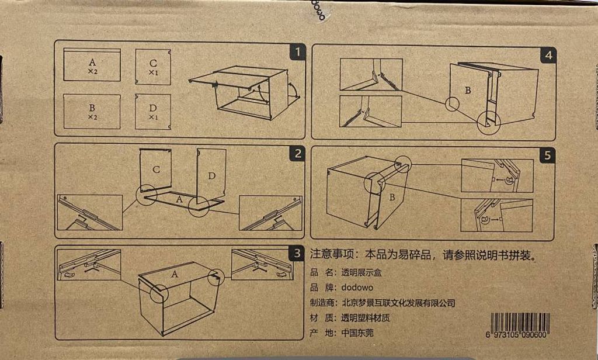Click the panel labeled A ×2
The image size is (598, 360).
(x=92, y=64)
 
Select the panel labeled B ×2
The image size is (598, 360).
(x=92, y=111)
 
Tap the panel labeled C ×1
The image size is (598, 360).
(x=153, y=67)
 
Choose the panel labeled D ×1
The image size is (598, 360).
(x=153, y=112)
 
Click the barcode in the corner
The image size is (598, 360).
(x=518, y=323)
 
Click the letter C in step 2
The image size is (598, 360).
(x=157, y=169)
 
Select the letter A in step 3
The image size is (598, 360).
(x=174, y=273)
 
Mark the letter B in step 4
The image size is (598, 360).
(x=468, y=91)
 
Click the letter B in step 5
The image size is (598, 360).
(x=393, y=198)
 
